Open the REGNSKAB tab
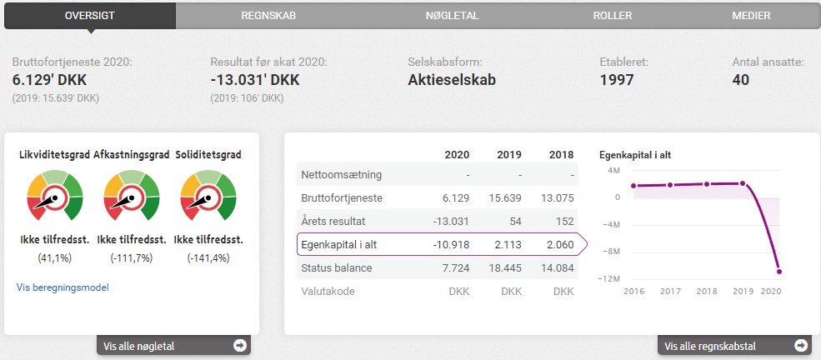[268, 15]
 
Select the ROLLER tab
[612, 15]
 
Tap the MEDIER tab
[751, 15]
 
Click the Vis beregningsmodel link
[63, 287]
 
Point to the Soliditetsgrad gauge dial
[208, 197]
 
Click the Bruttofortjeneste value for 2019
[503, 198]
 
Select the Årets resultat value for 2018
[563, 222]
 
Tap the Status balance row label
[336, 267]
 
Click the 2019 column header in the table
[509, 155]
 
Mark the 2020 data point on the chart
[778, 271]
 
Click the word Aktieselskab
[452, 80]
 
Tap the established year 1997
[617, 80]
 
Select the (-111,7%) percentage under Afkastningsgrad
[131, 257]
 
